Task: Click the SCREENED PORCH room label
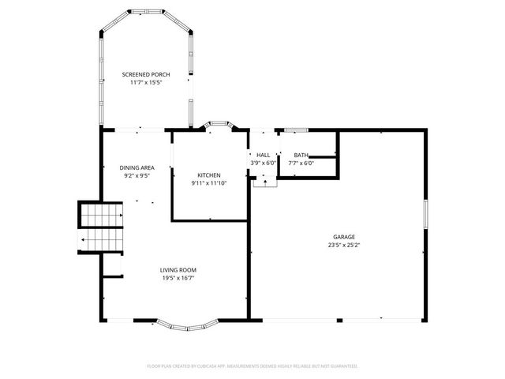pyautogui.click(x=146, y=74)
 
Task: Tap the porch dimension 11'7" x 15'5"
pyautogui.click(x=146, y=82)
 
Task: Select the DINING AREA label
pyautogui.click(x=137, y=167)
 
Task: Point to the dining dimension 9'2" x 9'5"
pyautogui.click(x=137, y=175)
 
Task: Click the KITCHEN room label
pyautogui.click(x=208, y=174)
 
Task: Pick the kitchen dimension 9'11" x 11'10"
pyautogui.click(x=208, y=182)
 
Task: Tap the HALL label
pyautogui.click(x=264, y=155)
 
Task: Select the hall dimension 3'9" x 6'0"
pyautogui.click(x=264, y=163)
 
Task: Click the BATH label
pyautogui.click(x=301, y=155)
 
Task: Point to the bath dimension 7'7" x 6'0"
pyautogui.click(x=301, y=163)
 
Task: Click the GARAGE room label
pyautogui.click(x=343, y=237)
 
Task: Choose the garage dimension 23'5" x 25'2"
pyautogui.click(x=343, y=245)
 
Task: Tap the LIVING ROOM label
pyautogui.click(x=178, y=269)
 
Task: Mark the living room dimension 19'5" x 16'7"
pyautogui.click(x=178, y=277)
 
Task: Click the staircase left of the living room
pyautogui.click(x=101, y=227)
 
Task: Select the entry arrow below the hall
pyautogui.click(x=264, y=182)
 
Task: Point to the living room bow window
pyautogui.click(x=186, y=323)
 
